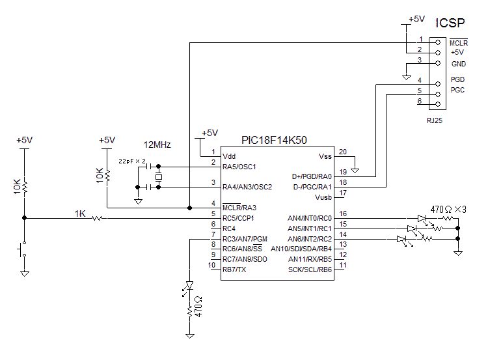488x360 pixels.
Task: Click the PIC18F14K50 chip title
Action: tap(274, 140)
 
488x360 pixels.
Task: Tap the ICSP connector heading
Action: tap(450, 23)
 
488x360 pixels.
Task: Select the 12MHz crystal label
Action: tap(157, 145)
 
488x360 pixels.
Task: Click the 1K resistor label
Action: tap(80, 213)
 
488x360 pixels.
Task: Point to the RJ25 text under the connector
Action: tap(435, 120)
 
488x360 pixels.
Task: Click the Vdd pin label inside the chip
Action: tap(230, 156)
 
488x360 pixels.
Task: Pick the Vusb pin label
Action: tap(323, 197)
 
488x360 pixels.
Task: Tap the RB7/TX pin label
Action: tap(234, 269)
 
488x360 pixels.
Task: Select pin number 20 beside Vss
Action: tap(343, 152)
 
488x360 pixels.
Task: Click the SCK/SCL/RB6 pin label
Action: tap(310, 269)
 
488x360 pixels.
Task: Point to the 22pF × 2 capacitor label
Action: tap(132, 160)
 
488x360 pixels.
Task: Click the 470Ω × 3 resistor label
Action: tap(448, 210)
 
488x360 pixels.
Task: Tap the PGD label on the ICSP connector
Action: tap(457, 79)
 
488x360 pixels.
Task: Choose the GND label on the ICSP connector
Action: tap(458, 64)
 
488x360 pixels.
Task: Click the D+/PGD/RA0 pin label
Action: tap(312, 176)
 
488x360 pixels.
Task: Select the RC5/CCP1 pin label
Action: tap(238, 217)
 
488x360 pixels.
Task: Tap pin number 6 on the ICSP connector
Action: tap(420, 101)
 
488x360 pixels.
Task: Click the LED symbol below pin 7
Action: tap(190, 286)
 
